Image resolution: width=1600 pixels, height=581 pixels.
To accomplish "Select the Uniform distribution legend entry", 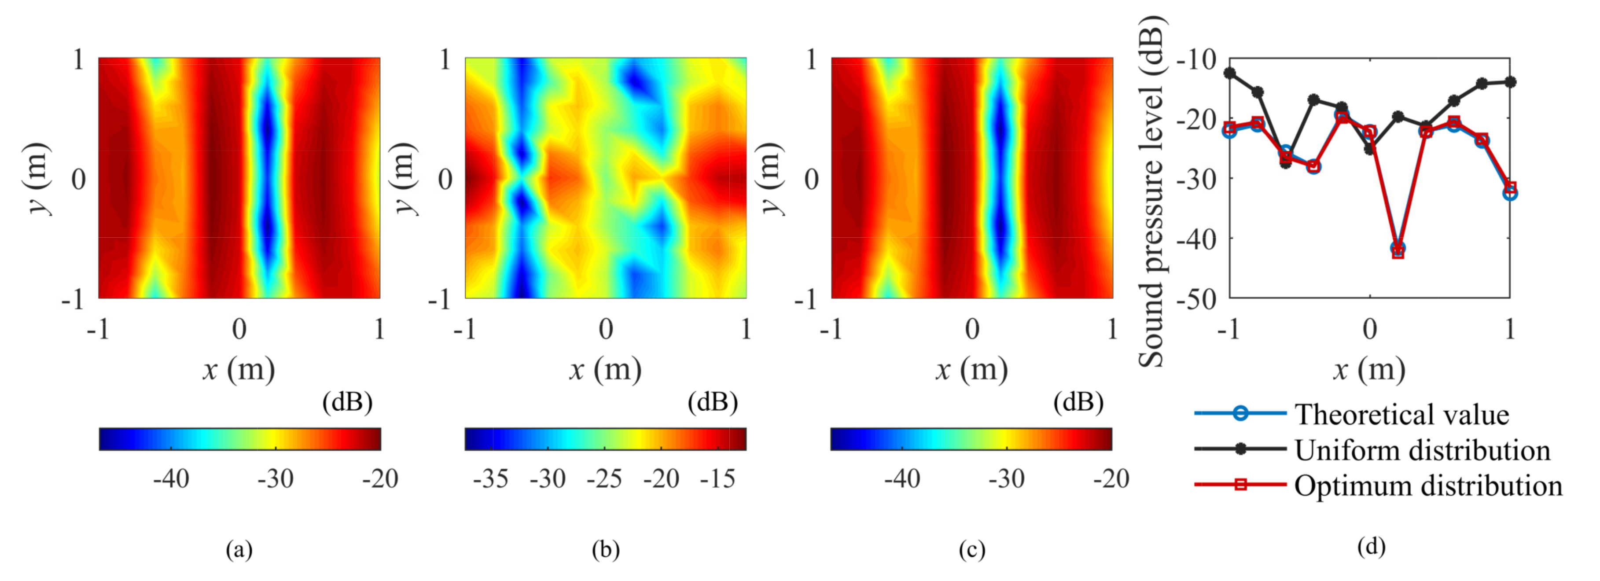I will coord(1422,450).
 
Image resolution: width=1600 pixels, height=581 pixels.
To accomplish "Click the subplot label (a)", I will coord(239,549).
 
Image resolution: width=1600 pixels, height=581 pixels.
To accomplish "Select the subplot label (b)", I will coord(606,549).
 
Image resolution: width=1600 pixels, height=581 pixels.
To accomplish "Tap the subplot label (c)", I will coord(971,549).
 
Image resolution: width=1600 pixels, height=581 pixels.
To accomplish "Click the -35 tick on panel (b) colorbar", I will coord(491,479).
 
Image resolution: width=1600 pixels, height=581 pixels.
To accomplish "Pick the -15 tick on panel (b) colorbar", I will coord(717,479).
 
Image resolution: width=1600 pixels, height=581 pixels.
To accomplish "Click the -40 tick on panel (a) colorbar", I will coord(171,479).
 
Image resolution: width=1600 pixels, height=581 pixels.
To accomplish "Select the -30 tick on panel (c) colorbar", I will coord(1007,479).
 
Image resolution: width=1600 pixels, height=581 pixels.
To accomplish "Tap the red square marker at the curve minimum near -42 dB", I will coord(1398,252).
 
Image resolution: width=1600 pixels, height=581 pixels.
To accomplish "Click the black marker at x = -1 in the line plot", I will coord(1230,73).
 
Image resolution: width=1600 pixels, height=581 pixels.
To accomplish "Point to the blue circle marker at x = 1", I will coord(1510,193).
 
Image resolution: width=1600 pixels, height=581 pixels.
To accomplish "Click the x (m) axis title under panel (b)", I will coord(606,370).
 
